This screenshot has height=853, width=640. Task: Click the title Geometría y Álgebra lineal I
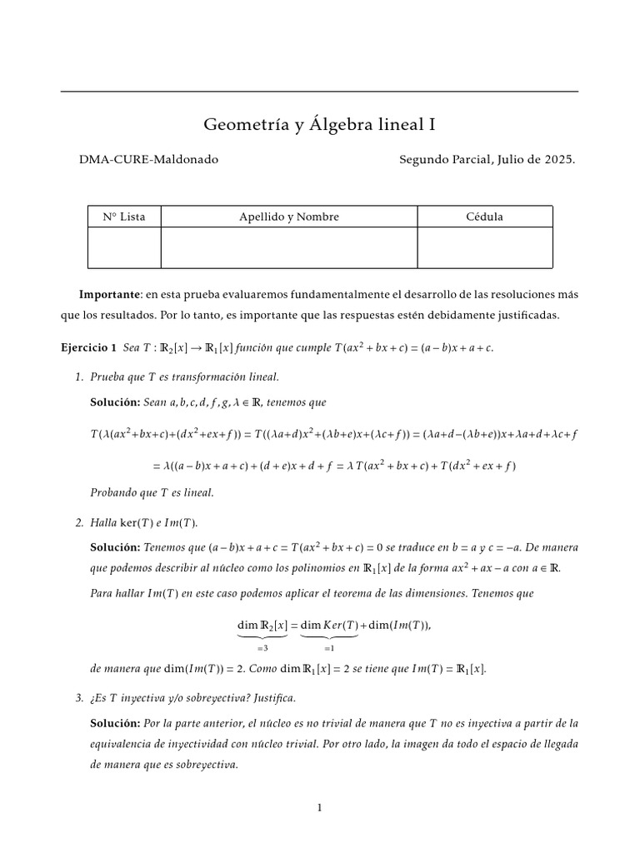tap(319, 125)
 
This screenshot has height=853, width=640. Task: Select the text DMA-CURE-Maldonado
tap(148, 159)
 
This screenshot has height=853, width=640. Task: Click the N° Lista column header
tap(124, 217)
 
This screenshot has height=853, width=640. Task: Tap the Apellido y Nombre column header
tap(289, 217)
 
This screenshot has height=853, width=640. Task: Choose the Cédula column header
tap(484, 217)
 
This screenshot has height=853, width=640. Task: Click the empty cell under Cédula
tap(484, 248)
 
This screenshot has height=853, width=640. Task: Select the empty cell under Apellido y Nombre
tap(289, 248)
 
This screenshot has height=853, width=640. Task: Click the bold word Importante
tap(109, 295)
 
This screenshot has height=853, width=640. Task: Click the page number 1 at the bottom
tap(319, 807)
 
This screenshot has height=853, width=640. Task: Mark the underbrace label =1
tap(329, 646)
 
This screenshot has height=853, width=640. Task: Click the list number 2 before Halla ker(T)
tap(79, 522)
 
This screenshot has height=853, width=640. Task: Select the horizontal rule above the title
tap(319, 91)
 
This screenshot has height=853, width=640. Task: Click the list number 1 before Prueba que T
tap(79, 377)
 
